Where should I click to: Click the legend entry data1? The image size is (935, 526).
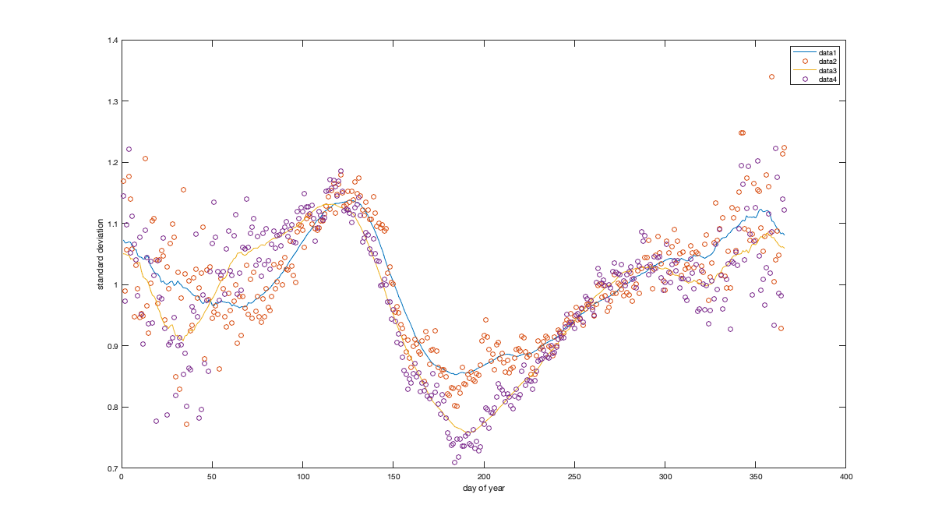pos(827,53)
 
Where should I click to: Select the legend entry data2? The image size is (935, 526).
pos(827,62)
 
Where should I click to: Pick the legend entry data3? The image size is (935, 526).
pos(827,71)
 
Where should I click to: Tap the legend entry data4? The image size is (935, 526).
pos(827,79)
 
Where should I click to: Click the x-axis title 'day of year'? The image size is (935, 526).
pos(483,489)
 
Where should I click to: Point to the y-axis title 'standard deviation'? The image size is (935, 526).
pos(101,254)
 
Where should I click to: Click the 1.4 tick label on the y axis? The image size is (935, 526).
pos(114,41)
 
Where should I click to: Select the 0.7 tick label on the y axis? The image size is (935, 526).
pos(114,468)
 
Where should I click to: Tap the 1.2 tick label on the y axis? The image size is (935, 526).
pos(114,163)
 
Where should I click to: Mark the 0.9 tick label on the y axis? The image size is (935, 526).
pos(114,346)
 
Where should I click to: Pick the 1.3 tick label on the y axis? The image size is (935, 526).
pos(114,101)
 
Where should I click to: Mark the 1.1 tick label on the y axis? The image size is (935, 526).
pos(114,224)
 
